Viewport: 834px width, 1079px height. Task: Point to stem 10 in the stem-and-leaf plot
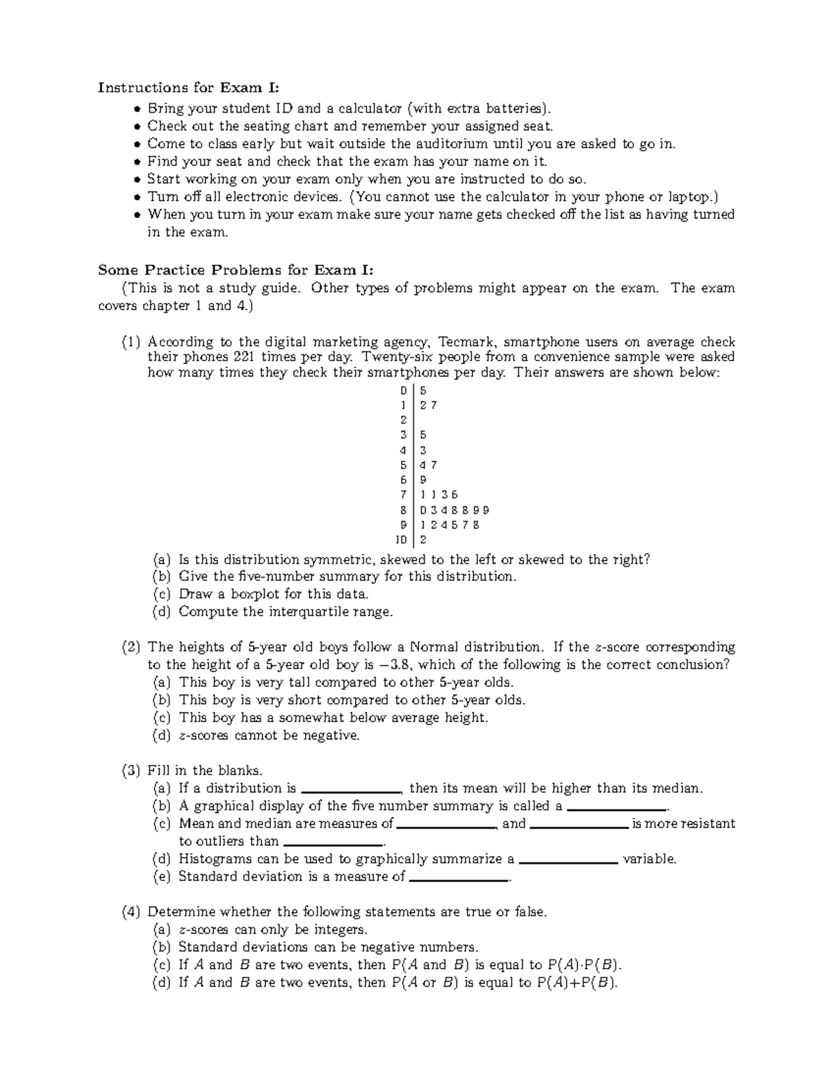coord(401,540)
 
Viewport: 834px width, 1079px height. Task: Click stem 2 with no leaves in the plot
coord(403,420)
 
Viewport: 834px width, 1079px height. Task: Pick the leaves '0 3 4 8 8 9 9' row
coord(455,510)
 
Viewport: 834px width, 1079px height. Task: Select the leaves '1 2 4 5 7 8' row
coord(450,525)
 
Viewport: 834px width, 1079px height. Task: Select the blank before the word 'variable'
coord(568,862)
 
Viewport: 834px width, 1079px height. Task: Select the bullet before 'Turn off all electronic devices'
coord(137,197)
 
